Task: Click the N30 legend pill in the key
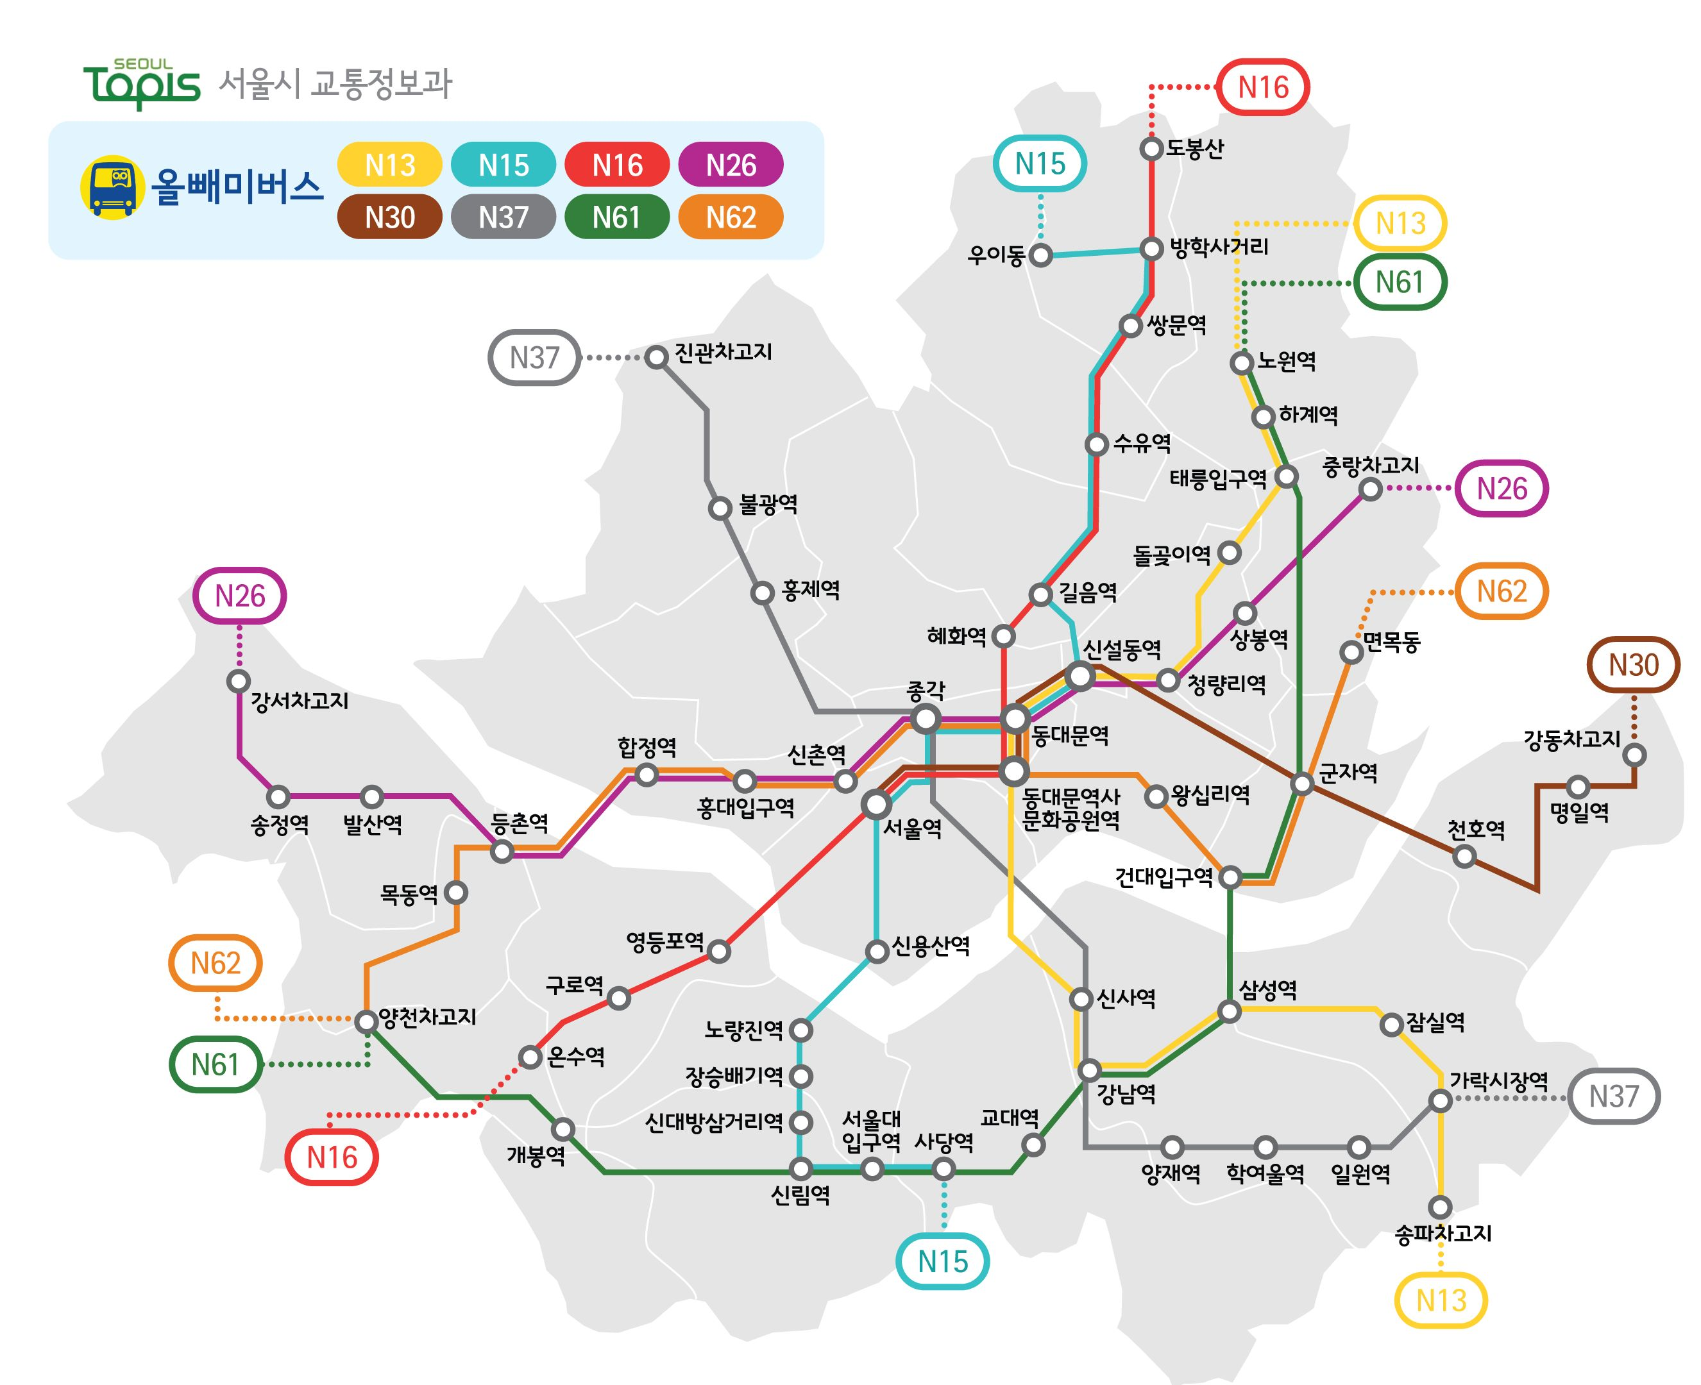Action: [389, 217]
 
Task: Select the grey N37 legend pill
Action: [503, 217]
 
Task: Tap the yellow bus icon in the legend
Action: [112, 187]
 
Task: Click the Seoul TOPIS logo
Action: [142, 85]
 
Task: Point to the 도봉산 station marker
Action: [1151, 148]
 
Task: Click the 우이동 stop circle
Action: [1040, 255]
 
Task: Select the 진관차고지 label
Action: [723, 352]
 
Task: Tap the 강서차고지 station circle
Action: [238, 682]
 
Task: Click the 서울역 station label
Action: [912, 829]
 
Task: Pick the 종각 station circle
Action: [926, 719]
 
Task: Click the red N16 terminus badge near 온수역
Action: [332, 1157]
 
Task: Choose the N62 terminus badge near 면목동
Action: [1501, 591]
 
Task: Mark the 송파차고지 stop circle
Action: [1439, 1207]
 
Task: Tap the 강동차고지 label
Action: [1571, 739]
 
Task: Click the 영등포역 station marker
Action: [719, 951]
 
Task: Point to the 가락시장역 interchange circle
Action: [1439, 1101]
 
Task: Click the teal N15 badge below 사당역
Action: [942, 1261]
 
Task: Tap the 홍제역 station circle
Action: [763, 592]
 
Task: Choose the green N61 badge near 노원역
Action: [1400, 281]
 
